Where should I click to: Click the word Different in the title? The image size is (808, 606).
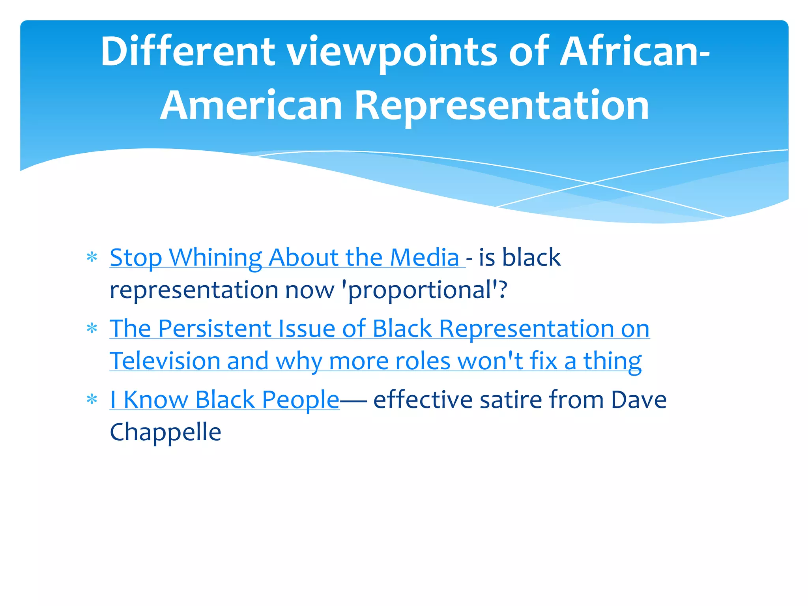pyautogui.click(x=188, y=51)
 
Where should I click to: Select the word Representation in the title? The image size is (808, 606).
pyautogui.click(x=502, y=106)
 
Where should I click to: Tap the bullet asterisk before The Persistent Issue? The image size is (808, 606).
pyautogui.click(x=92, y=329)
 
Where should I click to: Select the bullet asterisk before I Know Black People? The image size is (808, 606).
pyautogui.click(x=92, y=400)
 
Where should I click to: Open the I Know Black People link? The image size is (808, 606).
pyautogui.click(x=224, y=400)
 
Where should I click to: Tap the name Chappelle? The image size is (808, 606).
pyautogui.click(x=165, y=432)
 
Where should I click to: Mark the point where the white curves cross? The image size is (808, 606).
pyautogui.click(x=591, y=183)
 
